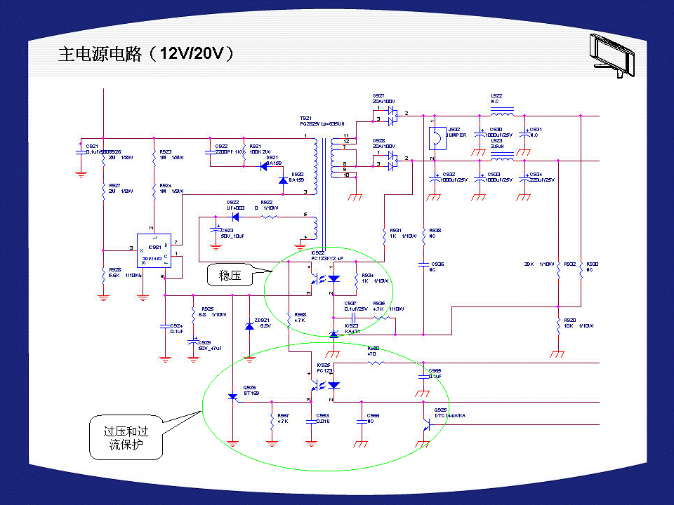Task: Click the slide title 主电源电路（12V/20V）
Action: click(145, 54)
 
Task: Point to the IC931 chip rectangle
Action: click(154, 249)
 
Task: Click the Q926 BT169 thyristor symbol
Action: click(233, 397)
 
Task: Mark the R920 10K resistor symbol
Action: click(557, 325)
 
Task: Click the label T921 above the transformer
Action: click(305, 119)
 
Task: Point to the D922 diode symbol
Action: click(234, 217)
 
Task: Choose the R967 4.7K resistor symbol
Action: click(272, 422)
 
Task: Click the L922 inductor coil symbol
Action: click(501, 112)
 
